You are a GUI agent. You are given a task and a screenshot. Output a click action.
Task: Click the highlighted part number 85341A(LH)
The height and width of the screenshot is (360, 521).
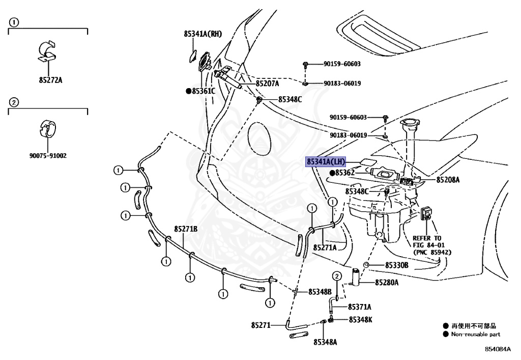[x=326, y=162]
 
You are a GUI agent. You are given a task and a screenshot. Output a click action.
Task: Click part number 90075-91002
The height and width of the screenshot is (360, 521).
[x=48, y=156]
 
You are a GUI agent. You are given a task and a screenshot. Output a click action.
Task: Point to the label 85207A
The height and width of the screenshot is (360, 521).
[x=267, y=84]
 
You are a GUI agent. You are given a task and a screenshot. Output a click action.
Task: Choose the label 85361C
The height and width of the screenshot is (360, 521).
[x=203, y=91]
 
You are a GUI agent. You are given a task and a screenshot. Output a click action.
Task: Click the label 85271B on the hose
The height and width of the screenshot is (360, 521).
[x=186, y=229]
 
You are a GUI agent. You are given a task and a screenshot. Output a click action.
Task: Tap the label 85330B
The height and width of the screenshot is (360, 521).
[x=396, y=265]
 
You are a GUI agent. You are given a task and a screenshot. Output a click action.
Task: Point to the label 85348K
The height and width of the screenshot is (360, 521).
[x=360, y=319]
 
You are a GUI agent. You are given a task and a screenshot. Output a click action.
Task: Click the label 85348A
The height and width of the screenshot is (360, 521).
[x=325, y=342]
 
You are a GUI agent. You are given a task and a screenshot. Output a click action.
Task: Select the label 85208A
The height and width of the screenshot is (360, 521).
[x=448, y=180]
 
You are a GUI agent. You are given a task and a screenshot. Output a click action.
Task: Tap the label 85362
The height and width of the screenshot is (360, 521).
[x=346, y=173]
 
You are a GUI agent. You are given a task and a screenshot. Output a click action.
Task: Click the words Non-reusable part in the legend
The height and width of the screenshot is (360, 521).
[x=475, y=335]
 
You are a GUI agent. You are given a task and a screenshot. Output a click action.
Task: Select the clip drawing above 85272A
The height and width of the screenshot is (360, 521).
[x=48, y=51]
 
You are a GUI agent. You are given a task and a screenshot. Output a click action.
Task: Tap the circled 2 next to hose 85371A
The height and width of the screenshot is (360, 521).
[x=336, y=276]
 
